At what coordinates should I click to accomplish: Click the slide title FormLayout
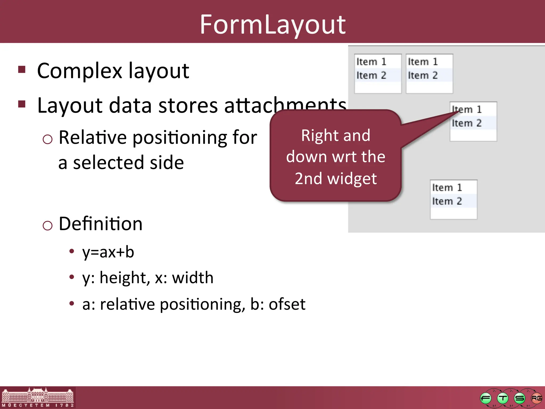(272, 24)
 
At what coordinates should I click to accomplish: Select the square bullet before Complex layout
(22, 69)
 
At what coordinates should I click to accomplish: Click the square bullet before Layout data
(22, 104)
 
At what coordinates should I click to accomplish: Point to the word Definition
(100, 224)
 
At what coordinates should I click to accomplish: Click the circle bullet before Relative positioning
(47, 139)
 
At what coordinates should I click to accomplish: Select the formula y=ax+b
(108, 252)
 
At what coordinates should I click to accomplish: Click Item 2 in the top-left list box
(371, 75)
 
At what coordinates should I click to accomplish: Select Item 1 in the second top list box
(423, 62)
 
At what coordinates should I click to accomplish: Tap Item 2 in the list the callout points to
(467, 123)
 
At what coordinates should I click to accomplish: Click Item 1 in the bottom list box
(447, 187)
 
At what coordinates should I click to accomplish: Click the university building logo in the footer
(38, 397)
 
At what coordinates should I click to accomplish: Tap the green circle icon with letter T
(503, 398)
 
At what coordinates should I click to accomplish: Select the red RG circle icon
(536, 398)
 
